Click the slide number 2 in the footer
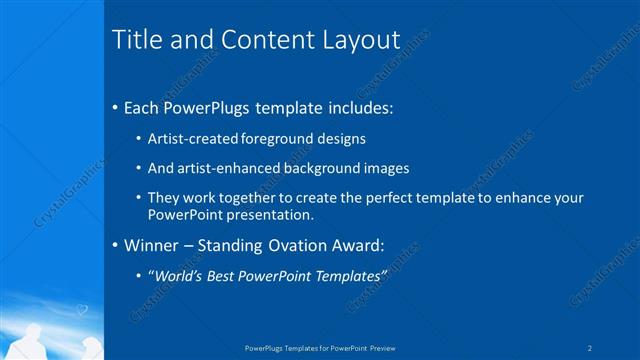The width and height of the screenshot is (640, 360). point(590,348)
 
